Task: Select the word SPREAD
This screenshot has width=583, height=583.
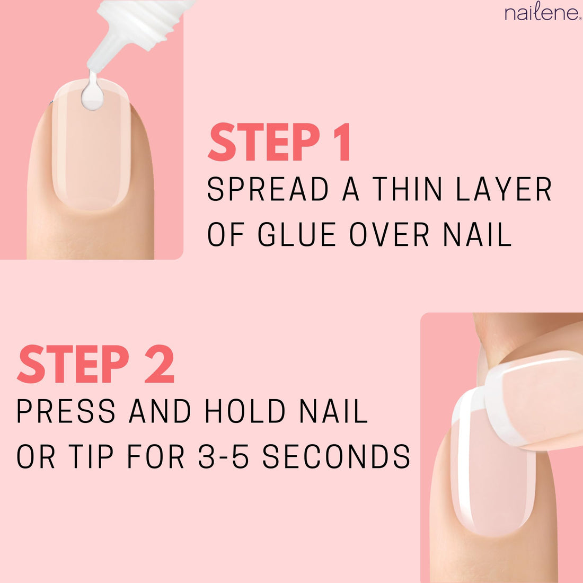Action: coord(268,190)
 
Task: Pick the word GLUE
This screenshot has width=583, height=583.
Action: coord(297,235)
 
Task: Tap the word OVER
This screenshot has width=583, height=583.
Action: coord(390,235)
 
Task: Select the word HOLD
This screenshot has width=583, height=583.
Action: coord(245,411)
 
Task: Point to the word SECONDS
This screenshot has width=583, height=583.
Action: coord(337,456)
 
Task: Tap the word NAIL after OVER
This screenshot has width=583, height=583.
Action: coord(478,235)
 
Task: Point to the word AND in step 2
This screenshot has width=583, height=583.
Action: coord(159,411)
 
